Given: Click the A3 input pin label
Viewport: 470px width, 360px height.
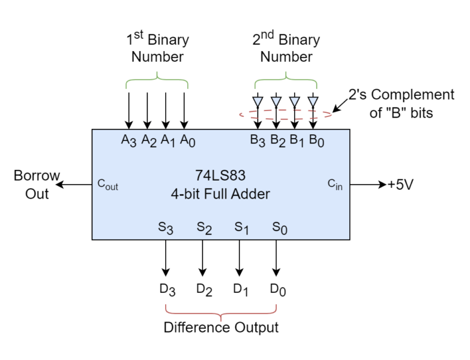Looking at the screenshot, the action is pos(128,140).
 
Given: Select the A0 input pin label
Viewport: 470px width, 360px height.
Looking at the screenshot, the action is pos(188,140).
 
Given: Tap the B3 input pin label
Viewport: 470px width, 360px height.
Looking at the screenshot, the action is pos(258,140).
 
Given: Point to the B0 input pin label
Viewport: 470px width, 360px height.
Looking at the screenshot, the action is pos(316,140).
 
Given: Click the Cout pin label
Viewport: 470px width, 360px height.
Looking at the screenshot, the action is pos(107,184).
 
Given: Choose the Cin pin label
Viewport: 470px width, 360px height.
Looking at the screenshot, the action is pos(335,184).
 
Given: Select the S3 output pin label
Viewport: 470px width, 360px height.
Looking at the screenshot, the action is pos(166,227).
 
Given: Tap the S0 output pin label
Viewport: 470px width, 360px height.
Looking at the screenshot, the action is pos(280,227).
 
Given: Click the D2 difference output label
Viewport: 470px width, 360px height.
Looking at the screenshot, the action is pos(204,290).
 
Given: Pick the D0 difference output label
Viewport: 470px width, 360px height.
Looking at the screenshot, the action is pos(278,290).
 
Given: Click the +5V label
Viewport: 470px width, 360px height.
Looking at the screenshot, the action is pos(400,184).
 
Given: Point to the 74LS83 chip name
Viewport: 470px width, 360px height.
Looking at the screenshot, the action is pos(220,176).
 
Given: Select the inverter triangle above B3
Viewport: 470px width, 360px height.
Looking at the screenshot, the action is pos(258,101).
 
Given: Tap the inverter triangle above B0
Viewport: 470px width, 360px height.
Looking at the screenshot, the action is pos(313,101).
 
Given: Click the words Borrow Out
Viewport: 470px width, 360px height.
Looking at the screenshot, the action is pos(37,184).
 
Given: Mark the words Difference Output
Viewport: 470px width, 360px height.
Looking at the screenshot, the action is pos(221,328).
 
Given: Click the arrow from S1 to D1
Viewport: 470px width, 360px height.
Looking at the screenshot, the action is pos(239,258).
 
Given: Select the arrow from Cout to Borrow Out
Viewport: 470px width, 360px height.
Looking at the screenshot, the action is pos(74,184).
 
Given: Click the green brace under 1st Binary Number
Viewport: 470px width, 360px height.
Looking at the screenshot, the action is pos(157,79).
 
